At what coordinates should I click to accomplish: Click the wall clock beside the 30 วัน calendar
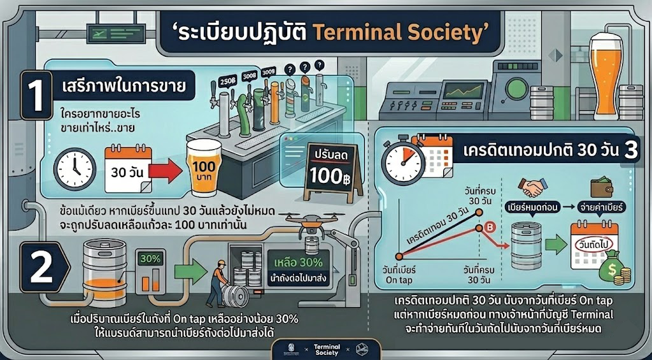tap(74, 170)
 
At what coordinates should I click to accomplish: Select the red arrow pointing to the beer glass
tap(166, 171)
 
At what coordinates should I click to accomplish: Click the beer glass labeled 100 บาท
tap(203, 168)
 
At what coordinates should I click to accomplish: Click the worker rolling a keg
tap(218, 284)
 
